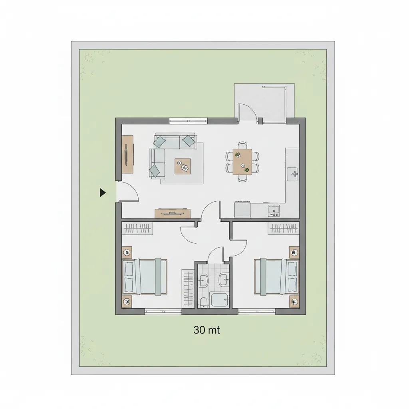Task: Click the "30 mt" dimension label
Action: pos(206,330)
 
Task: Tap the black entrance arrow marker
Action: pos(103,193)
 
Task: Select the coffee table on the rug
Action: pos(183,166)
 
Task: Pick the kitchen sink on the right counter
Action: pos(293,174)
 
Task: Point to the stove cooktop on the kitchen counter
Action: pos(274,210)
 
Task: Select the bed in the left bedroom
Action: pos(144,277)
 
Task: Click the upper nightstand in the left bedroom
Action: pos(127,252)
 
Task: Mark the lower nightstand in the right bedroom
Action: pos(294,302)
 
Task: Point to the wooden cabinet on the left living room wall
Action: pos(127,154)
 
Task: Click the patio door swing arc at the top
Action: pos(248,111)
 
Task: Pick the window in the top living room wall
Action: pos(188,120)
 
